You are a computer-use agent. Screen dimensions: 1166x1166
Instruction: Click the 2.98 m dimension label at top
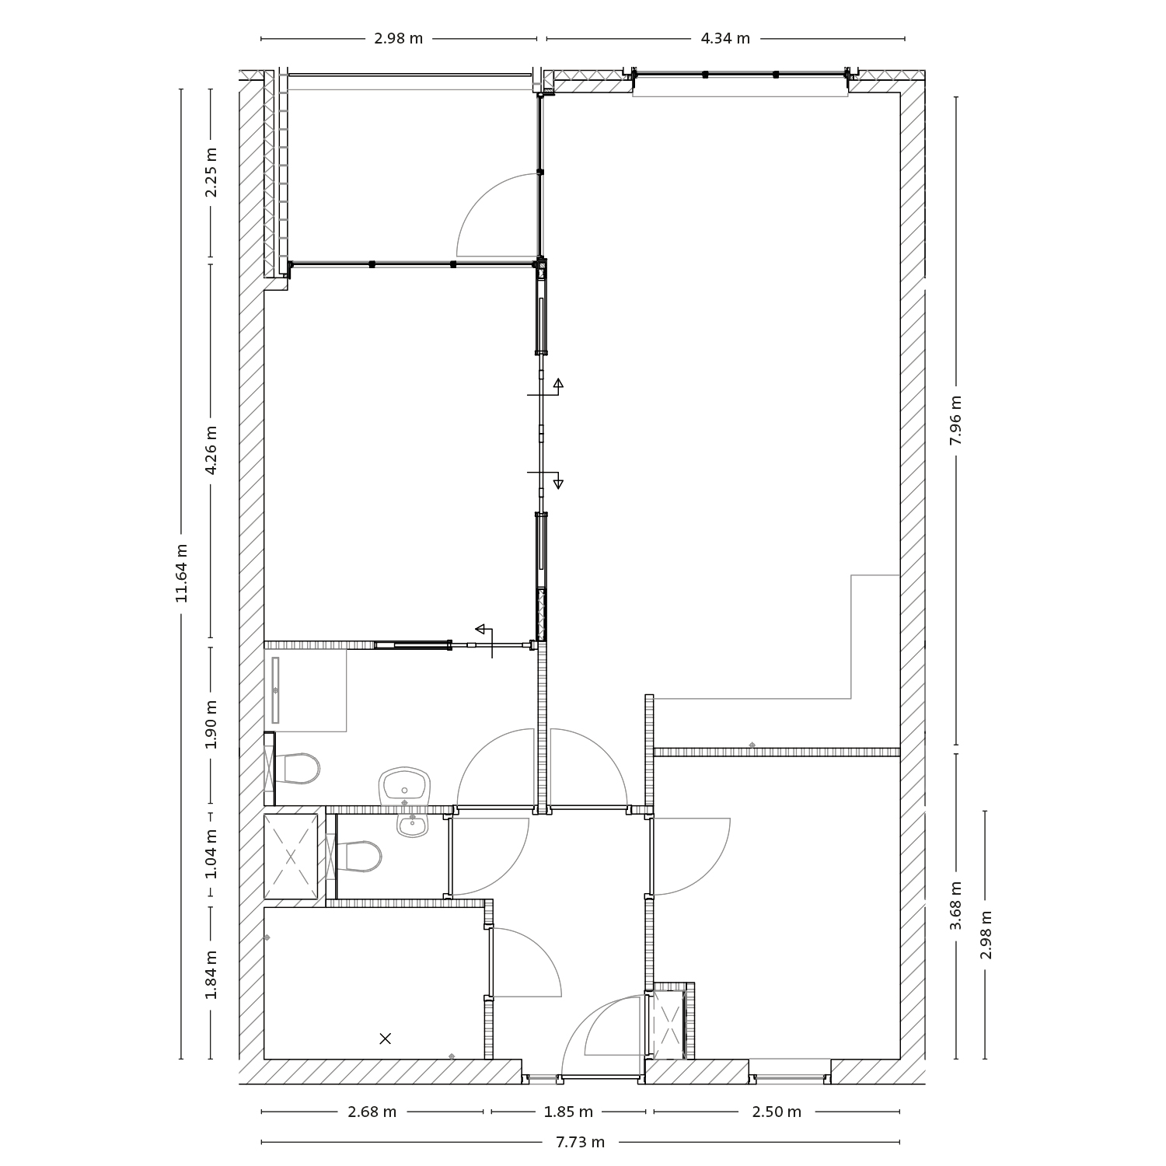click(398, 39)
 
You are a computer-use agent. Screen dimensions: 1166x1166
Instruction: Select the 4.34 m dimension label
click(725, 39)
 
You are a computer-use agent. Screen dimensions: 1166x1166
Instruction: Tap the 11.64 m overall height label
click(181, 573)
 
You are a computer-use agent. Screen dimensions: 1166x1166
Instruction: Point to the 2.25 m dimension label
click(211, 172)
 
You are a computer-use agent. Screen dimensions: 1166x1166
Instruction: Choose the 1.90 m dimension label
click(211, 724)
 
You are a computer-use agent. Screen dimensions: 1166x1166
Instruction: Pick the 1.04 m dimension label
click(211, 854)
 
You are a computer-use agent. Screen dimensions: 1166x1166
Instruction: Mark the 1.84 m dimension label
click(211, 976)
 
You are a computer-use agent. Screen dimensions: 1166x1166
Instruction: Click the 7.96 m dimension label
click(955, 420)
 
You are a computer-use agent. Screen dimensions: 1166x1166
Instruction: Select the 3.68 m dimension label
click(955, 905)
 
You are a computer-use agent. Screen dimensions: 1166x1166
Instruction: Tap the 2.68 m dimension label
click(372, 1112)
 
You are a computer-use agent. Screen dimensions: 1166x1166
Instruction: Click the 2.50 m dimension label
click(777, 1112)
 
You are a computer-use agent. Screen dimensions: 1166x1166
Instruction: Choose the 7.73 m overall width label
click(580, 1142)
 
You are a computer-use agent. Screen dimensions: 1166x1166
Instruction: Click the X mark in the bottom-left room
click(385, 1038)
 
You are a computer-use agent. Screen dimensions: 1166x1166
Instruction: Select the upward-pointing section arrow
click(558, 383)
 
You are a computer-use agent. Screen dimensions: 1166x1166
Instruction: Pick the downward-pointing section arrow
click(558, 484)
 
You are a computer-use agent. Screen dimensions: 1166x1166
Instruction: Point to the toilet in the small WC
click(361, 857)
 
